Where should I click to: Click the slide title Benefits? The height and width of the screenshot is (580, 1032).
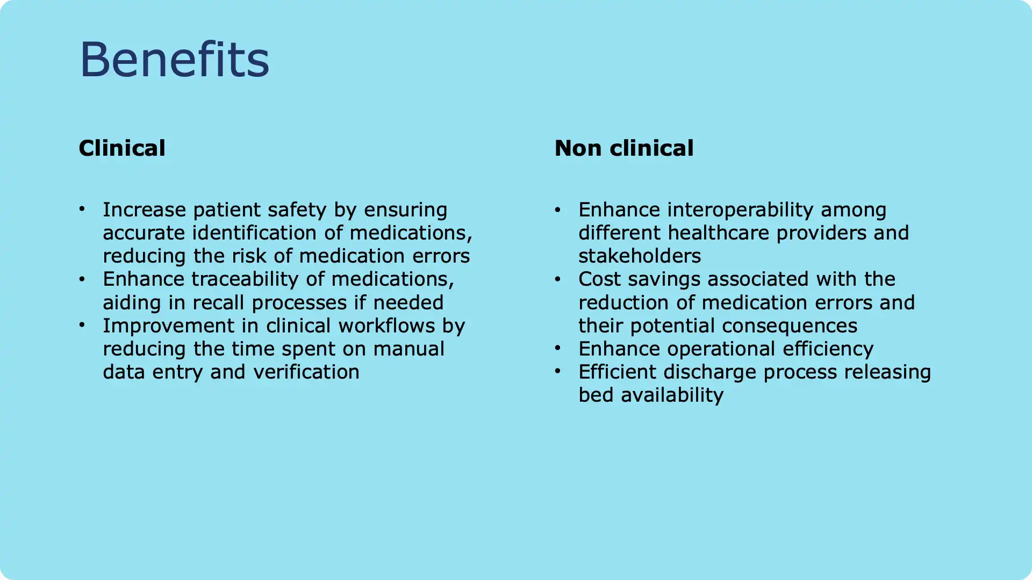coord(174,59)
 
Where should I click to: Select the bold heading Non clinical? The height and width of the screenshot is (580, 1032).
coord(624,148)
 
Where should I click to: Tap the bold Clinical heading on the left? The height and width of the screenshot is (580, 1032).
coord(122,148)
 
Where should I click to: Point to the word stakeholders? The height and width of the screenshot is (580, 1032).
coord(640,256)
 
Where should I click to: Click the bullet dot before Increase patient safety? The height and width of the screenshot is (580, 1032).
coord(82,209)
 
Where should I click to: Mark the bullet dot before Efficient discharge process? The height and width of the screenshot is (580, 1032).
coord(557,371)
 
